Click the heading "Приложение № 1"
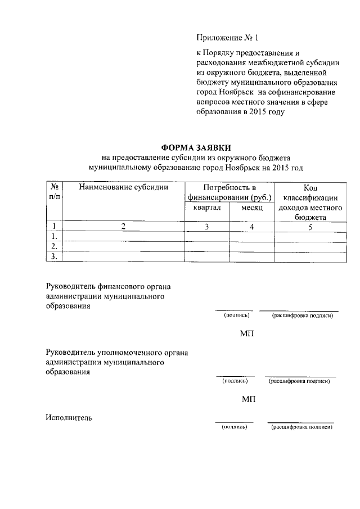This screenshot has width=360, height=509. tap(228, 38)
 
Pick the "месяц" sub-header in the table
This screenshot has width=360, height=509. tap(253, 208)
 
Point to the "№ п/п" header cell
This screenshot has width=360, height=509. tap(55, 192)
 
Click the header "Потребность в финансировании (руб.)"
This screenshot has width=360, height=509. tap(229, 192)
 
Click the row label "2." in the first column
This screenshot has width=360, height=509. tap(55, 246)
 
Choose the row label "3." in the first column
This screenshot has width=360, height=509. tap(55, 256)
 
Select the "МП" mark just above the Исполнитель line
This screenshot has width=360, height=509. tap(248, 399)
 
